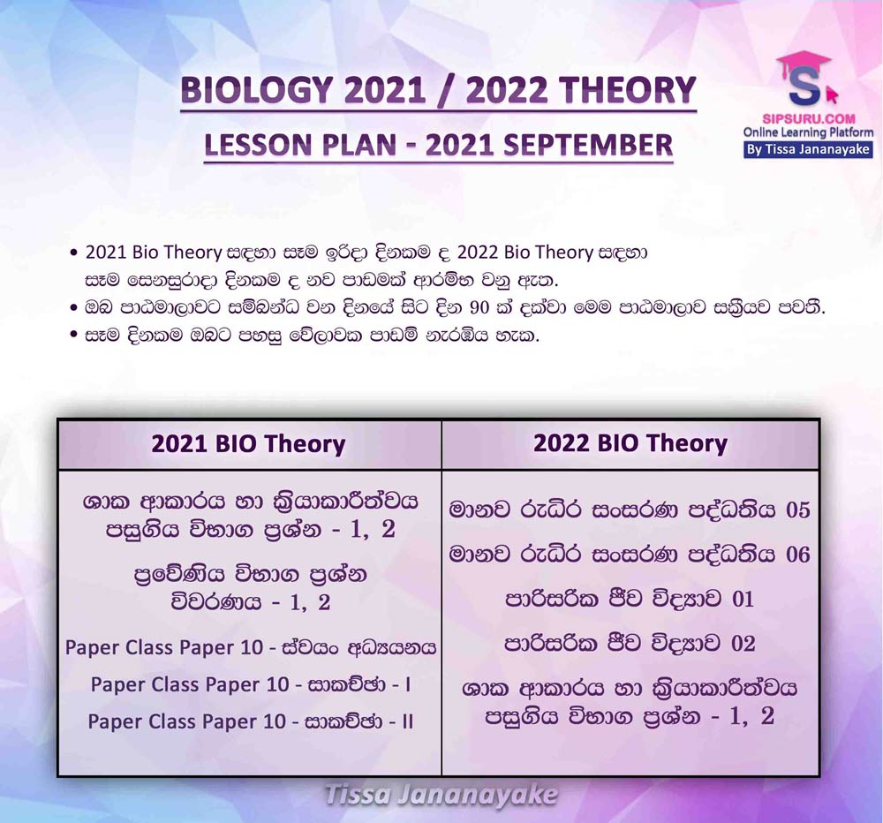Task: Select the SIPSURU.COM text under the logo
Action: (x=809, y=119)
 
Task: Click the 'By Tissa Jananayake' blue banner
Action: (x=808, y=150)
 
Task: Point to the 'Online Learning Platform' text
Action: (x=808, y=133)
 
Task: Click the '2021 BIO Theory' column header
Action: (x=248, y=444)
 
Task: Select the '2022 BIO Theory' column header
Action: (x=630, y=443)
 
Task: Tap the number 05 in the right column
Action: (x=798, y=510)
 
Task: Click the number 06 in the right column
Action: (x=798, y=555)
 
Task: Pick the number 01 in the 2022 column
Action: (x=743, y=600)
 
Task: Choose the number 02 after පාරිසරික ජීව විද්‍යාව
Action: (x=743, y=644)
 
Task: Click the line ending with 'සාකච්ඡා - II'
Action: (x=251, y=722)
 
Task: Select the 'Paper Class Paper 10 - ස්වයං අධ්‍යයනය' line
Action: (x=251, y=648)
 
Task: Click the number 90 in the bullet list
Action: (x=479, y=309)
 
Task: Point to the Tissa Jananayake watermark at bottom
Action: (x=441, y=796)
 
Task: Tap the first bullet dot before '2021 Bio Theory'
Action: (x=73, y=253)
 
